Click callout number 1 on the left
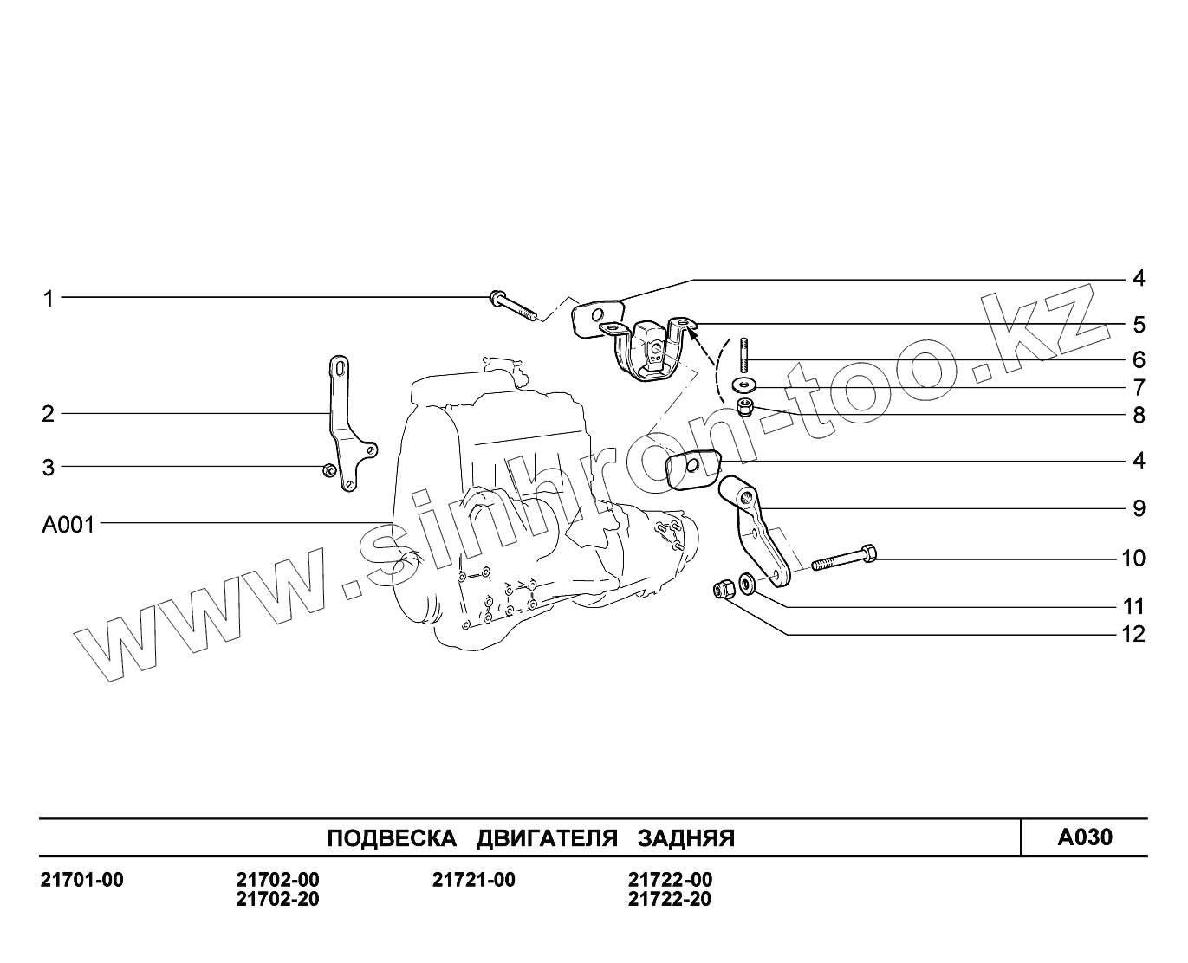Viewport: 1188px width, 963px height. [49, 299]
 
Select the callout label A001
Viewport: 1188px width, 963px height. [68, 525]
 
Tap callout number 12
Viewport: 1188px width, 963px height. [1133, 635]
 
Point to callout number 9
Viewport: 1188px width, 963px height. [1139, 509]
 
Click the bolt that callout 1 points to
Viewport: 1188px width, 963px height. [513, 306]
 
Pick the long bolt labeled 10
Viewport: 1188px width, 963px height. [844, 558]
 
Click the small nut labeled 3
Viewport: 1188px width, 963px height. [329, 470]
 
